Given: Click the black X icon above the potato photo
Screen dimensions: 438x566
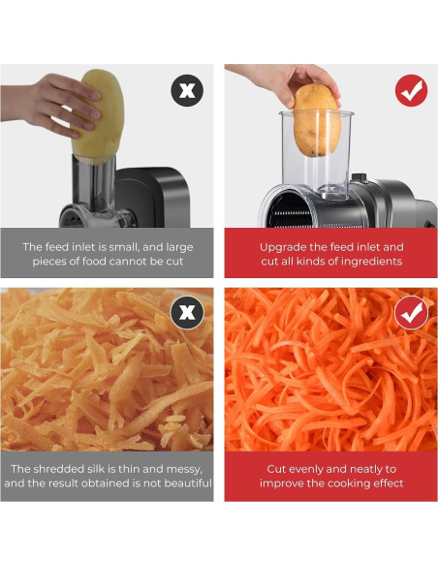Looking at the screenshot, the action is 187,90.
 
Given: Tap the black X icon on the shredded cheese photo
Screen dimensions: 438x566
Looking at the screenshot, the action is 187,312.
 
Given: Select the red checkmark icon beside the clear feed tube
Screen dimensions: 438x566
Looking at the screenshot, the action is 411,90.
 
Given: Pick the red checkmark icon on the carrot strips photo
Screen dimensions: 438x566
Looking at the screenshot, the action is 411,312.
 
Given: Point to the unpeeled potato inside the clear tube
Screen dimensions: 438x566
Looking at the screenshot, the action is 317,120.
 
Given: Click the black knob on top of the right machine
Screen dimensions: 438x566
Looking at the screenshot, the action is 359,177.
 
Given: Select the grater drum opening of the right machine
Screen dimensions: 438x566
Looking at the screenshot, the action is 289,209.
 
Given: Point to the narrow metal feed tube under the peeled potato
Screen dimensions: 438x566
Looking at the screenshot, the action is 93,184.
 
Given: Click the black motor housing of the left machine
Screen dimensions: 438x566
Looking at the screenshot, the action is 152,197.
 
